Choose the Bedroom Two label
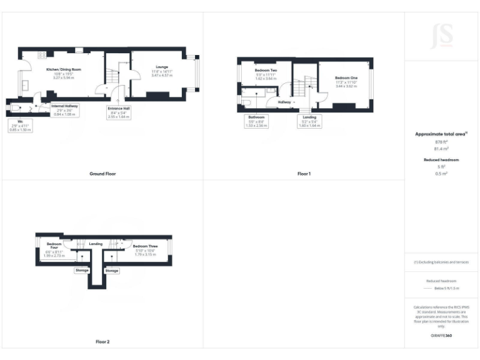click(266, 71)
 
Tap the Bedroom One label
click(346, 77)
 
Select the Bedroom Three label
click(145, 247)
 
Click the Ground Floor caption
click(102, 173)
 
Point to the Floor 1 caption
click(304, 173)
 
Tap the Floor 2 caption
click(102, 342)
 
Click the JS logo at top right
click(442, 36)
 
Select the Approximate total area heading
click(441, 134)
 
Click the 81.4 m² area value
click(442, 149)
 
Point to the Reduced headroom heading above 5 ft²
click(442, 160)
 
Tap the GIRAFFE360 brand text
click(441, 336)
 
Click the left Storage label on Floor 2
click(82, 271)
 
